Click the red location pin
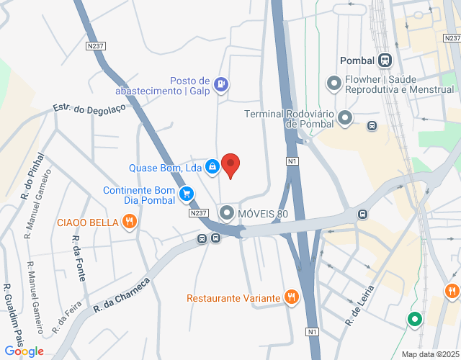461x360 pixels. point(230,165)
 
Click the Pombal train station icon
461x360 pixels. point(385,60)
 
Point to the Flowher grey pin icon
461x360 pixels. point(334,84)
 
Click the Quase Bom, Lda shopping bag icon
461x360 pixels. point(212,167)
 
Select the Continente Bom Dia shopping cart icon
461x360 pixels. point(187,193)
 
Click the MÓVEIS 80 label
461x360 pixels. point(262,214)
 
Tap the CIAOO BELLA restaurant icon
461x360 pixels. point(130,222)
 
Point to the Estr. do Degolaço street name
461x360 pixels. point(89,109)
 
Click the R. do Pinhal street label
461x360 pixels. point(32,176)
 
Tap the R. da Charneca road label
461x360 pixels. point(121,295)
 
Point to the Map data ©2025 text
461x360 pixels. point(429,354)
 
